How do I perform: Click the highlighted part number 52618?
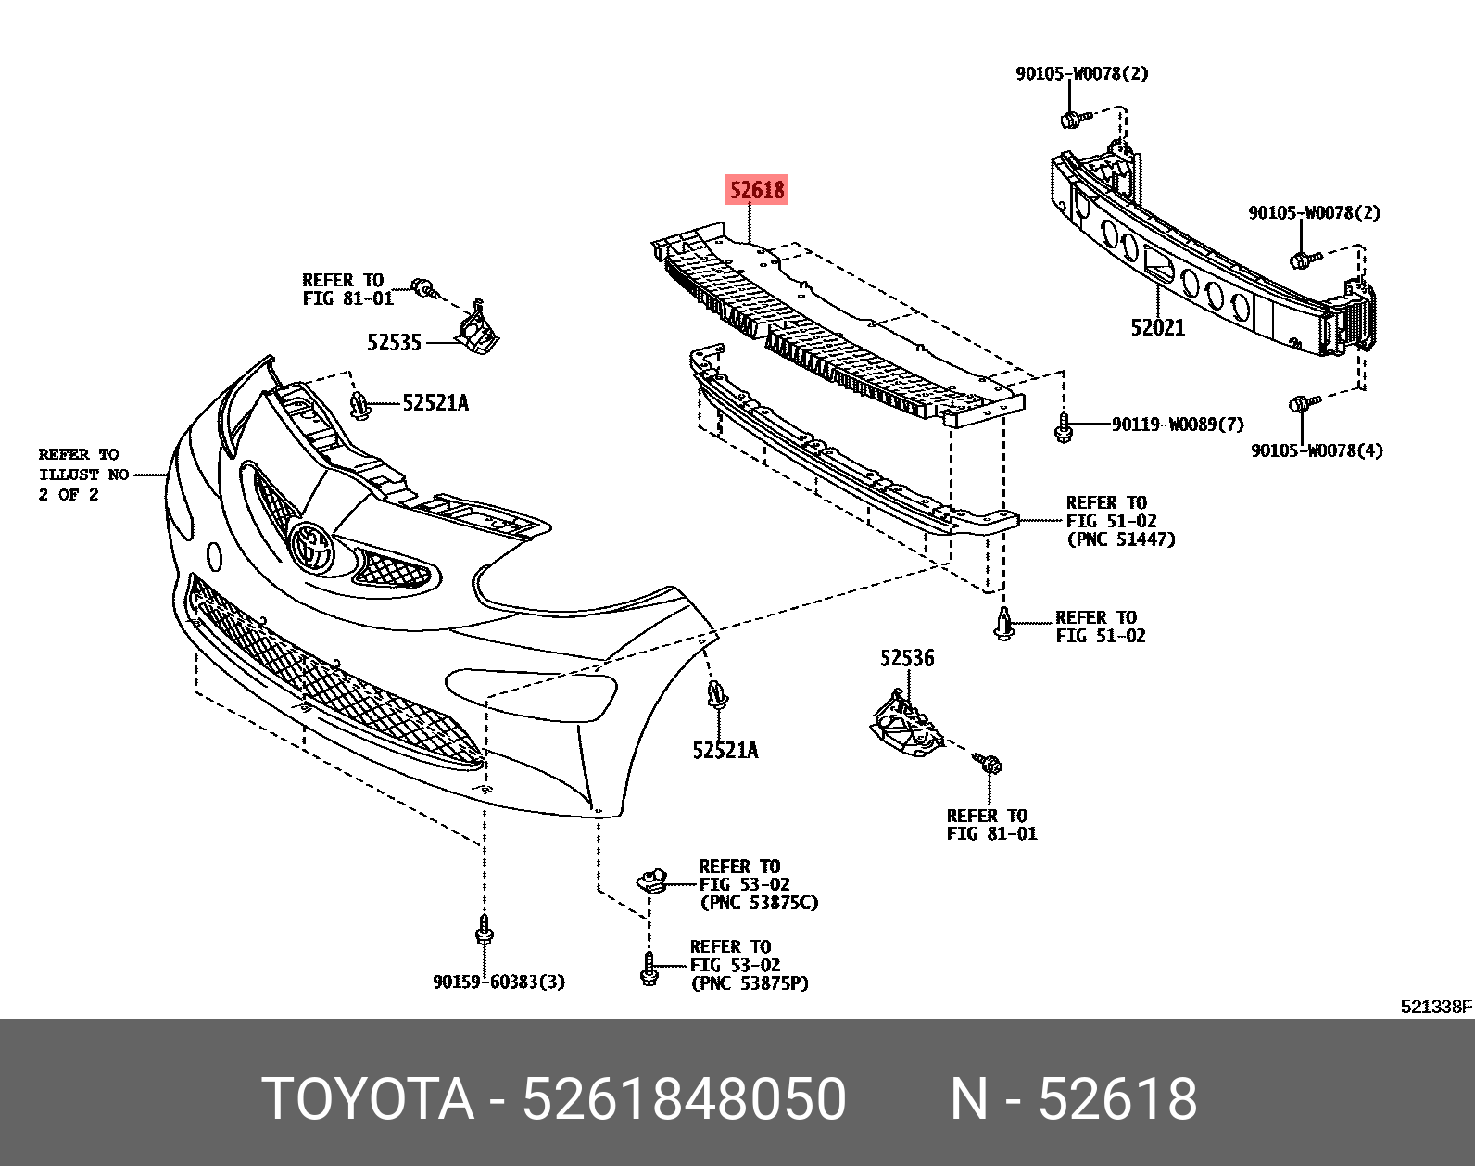pyautogui.click(x=756, y=191)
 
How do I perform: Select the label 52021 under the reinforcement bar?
pyautogui.click(x=1157, y=327)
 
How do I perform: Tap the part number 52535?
pyautogui.click(x=394, y=343)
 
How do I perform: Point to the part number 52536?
pyautogui.click(x=907, y=658)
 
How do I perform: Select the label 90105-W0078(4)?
pyautogui.click(x=1317, y=451)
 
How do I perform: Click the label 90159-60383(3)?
pyautogui.click(x=498, y=982)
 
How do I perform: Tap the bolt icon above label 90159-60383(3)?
pyautogui.click(x=482, y=931)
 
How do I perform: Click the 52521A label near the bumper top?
pyautogui.click(x=435, y=403)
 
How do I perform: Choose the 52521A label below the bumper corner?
pyautogui.click(x=725, y=751)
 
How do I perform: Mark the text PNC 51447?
pyautogui.click(x=1120, y=539)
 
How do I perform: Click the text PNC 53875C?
pyautogui.click(x=759, y=903)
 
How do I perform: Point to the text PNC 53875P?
pyautogui.click(x=750, y=983)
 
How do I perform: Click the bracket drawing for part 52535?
pyautogui.click(x=478, y=329)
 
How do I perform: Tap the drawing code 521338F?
pyautogui.click(x=1435, y=1007)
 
